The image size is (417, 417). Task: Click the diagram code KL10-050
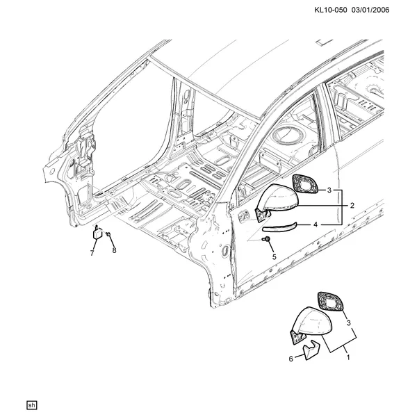coord(331,10)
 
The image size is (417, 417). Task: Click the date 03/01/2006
coord(370,10)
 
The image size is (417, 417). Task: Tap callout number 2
coord(352,205)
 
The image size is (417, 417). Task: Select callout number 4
coord(316,225)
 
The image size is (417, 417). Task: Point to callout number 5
coord(275,256)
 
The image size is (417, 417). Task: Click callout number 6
coord(291,359)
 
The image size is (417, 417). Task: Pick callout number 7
coord(92,253)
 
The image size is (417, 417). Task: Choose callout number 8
coord(114,250)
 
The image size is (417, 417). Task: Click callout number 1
coord(348,357)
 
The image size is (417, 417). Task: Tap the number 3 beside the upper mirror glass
coord(329,190)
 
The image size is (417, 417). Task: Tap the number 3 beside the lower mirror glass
coord(348,323)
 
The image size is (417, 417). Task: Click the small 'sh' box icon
coord(32,405)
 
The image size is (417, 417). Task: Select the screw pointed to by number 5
coord(267,239)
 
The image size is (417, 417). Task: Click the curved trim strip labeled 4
coord(279,227)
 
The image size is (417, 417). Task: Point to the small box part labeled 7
coord(97,234)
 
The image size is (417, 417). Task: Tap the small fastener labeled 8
coord(108,234)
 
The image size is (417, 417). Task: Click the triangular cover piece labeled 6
coord(311,350)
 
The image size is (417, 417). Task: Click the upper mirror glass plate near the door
coord(305,183)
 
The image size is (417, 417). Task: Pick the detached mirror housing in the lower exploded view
coord(311,325)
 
